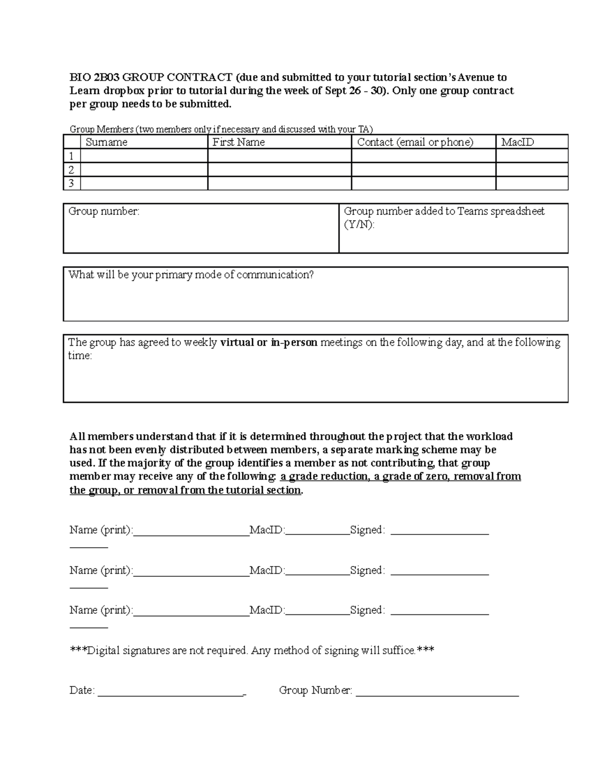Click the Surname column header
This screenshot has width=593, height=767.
106,142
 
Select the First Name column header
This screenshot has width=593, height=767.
238,142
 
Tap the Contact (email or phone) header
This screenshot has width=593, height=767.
415,142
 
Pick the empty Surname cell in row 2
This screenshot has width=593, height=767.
144,170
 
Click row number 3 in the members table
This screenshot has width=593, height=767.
72,184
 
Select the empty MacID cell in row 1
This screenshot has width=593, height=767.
532,156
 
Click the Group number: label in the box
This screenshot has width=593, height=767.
104,211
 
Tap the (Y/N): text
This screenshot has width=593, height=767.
359,225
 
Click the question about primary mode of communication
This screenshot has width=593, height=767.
191,275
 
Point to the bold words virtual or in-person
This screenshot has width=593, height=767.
268,342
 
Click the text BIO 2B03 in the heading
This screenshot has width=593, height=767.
94,78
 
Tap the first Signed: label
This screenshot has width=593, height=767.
367,530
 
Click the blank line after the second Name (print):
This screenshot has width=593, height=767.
191,573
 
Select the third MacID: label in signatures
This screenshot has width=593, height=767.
267,610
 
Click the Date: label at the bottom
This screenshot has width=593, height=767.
82,690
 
